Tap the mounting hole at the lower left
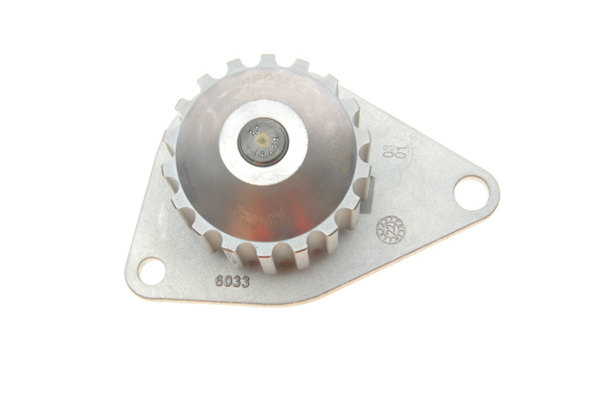(151, 270)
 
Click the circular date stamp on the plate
(389, 229)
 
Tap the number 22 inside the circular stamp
(389, 229)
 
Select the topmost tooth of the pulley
(268, 62)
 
